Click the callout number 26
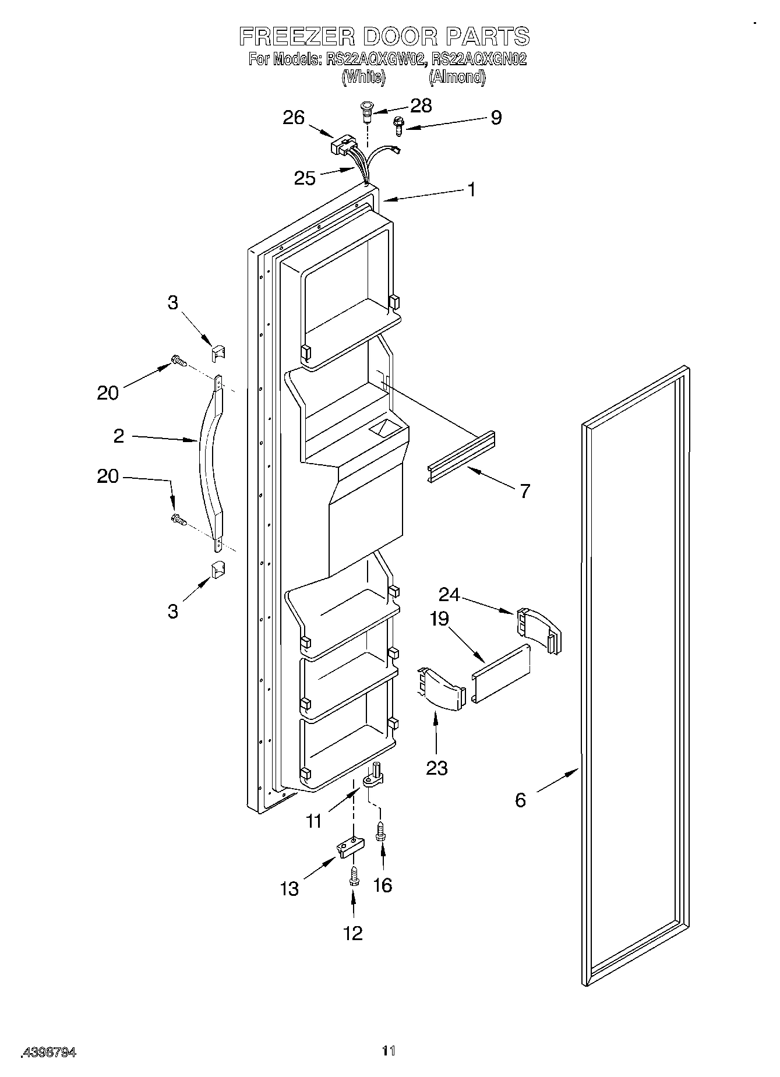294,118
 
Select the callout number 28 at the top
421,105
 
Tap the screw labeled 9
399,125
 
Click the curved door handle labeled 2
210,460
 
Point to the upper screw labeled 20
178,362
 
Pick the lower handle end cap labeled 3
218,569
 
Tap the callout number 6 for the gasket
520,800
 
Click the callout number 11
314,821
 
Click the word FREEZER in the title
297,37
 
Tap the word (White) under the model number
363,77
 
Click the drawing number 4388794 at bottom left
49,1052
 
